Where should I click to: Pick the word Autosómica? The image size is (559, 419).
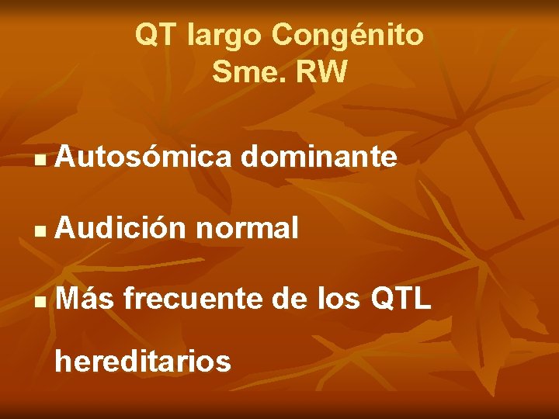pyautogui.click(x=144, y=158)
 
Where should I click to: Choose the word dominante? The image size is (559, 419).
pyautogui.click(x=319, y=158)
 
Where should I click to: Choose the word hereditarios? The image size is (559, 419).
pyautogui.click(x=144, y=361)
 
